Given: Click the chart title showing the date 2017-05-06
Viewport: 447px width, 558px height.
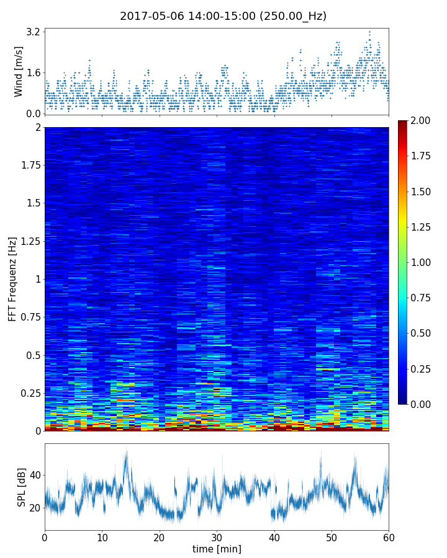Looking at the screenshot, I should (223, 16).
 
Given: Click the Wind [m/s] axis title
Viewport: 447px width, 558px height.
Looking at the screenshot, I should (19, 71).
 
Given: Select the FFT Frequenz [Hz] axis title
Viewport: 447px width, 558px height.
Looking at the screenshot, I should (12, 279).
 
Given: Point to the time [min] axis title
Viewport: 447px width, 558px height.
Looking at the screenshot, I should (217, 549).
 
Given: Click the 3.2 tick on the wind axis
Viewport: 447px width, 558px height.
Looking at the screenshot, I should (33, 32).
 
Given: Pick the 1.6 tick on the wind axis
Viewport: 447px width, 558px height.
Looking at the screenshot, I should (33, 73).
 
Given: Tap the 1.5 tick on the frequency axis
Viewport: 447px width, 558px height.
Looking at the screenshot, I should (32, 203).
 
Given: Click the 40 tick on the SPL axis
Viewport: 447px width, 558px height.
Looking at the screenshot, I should (34, 476).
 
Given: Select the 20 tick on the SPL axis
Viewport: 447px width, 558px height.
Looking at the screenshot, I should (34, 508).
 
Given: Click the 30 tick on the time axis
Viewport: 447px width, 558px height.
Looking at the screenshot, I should (217, 536).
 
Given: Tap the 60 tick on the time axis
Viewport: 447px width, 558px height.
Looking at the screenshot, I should (389, 536).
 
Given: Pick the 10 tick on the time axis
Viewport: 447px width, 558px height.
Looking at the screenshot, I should (102, 536).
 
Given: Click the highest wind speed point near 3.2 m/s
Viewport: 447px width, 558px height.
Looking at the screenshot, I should (369, 32).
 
